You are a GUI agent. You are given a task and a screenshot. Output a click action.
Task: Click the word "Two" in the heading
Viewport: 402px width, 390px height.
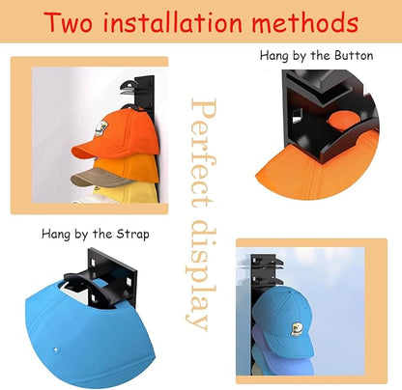[69, 22]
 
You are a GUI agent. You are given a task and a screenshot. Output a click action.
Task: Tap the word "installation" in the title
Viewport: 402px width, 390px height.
[172, 22]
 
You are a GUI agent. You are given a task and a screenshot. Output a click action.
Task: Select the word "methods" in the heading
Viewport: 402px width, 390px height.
[305, 22]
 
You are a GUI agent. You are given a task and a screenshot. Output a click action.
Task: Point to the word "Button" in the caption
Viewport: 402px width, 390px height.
[354, 56]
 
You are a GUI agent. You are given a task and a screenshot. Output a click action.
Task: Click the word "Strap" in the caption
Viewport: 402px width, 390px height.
[132, 234]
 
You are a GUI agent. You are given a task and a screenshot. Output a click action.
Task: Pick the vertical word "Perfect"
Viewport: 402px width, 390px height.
[203, 153]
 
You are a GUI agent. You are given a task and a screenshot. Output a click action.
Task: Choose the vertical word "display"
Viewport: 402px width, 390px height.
[201, 275]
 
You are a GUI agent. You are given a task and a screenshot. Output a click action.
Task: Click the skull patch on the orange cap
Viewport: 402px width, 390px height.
[101, 128]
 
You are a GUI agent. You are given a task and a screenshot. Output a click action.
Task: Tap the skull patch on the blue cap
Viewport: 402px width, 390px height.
[296, 329]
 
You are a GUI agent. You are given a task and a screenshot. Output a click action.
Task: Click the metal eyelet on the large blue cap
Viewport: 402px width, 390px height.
[56, 349]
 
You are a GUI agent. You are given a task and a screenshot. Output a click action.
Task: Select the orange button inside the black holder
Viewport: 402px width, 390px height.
[343, 121]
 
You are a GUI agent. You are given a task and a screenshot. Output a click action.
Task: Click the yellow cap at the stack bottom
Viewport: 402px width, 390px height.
[126, 193]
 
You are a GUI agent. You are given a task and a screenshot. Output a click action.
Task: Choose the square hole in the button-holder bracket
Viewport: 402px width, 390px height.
[298, 116]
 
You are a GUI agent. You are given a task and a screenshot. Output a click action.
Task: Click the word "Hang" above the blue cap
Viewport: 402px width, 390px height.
[55, 234]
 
